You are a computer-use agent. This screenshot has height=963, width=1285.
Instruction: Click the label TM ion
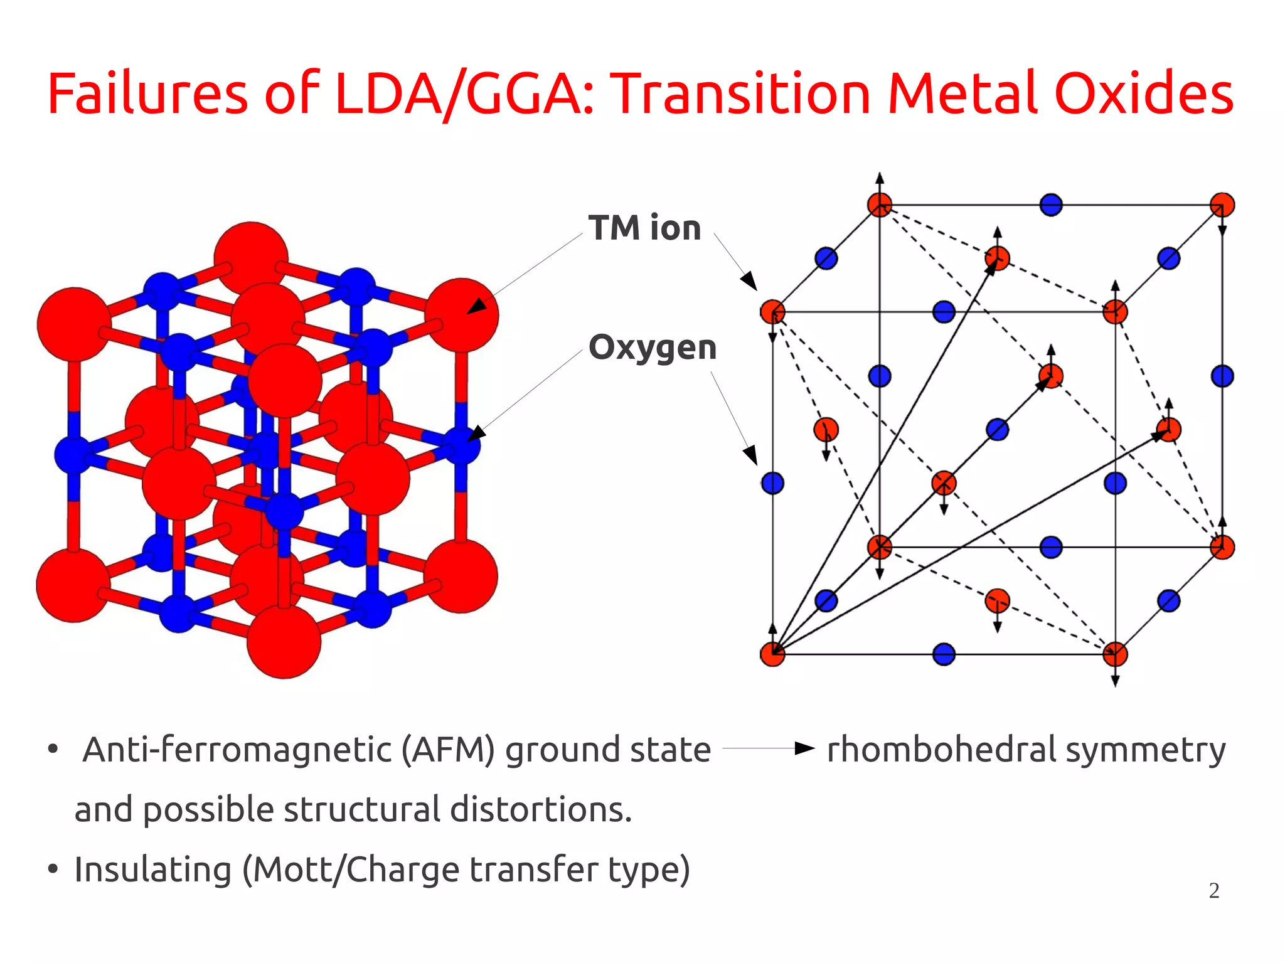click(x=644, y=228)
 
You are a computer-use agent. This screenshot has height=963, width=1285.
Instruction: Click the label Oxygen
click(x=653, y=348)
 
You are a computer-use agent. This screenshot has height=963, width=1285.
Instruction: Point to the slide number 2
click(x=1214, y=891)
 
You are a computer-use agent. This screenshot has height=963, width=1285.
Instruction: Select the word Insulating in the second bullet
click(x=153, y=870)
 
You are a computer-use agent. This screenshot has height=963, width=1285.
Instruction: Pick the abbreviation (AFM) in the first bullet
click(x=449, y=750)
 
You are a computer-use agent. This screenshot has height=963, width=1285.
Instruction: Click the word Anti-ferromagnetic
click(x=237, y=750)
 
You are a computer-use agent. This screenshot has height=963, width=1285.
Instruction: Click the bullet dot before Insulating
click(x=53, y=870)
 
